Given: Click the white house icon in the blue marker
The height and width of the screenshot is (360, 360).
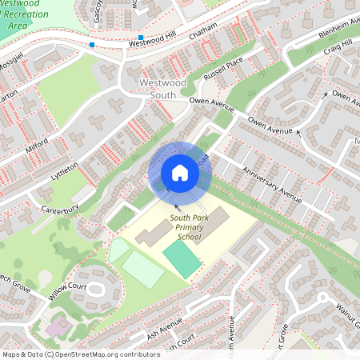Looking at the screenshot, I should coord(180,173).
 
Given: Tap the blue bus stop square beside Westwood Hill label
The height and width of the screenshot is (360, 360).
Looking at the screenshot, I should coord(141,38).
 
